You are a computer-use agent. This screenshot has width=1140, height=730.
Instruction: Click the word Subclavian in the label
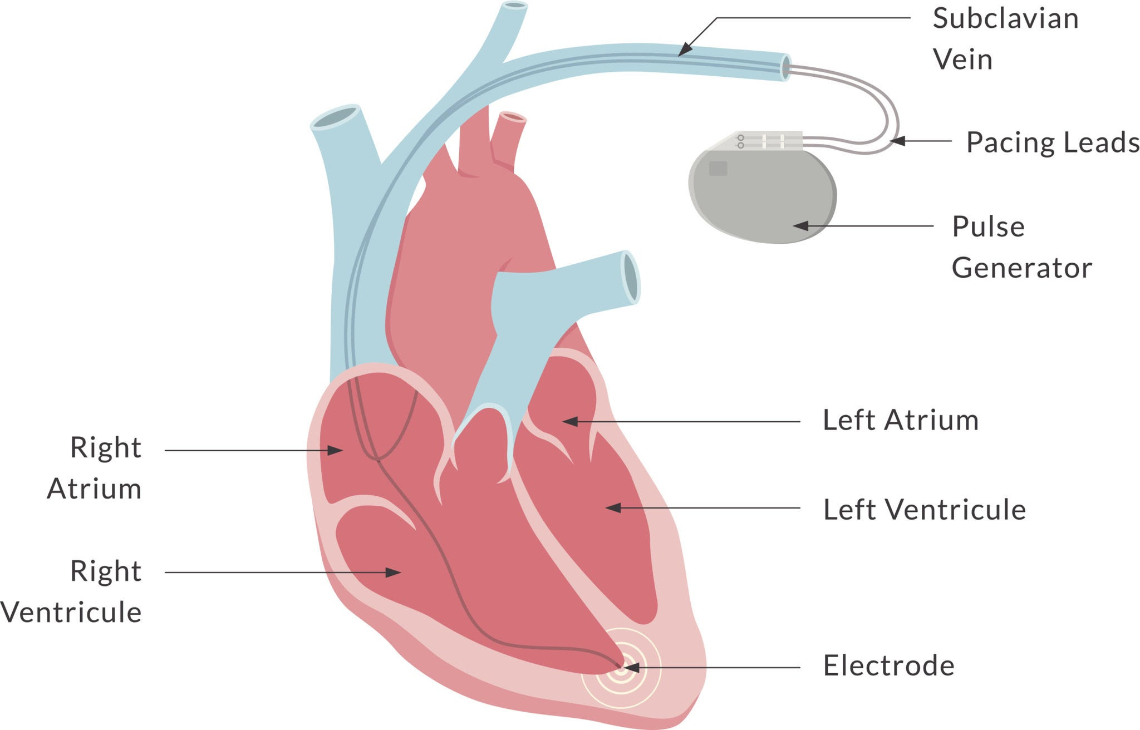pyautogui.click(x=1005, y=19)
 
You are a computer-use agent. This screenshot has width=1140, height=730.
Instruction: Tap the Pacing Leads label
pyautogui.click(x=1053, y=142)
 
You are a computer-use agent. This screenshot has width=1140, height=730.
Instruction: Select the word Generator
pyautogui.click(x=1021, y=268)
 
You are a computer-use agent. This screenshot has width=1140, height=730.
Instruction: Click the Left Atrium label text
pyautogui.click(x=900, y=420)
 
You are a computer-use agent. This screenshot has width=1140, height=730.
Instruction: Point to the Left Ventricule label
pyautogui.click(x=924, y=510)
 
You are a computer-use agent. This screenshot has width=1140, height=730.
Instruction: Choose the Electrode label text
pyautogui.click(x=888, y=665)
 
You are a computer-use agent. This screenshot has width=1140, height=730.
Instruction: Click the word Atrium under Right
pyautogui.click(x=94, y=489)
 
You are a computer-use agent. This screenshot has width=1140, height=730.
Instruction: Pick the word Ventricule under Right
pyautogui.click(x=71, y=613)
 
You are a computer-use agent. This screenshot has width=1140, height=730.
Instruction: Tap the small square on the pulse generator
pyautogui.click(x=718, y=168)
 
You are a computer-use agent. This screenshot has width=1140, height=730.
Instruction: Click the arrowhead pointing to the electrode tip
pyautogui.click(x=631, y=668)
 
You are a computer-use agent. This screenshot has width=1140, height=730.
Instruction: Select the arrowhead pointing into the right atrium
pyautogui.click(x=335, y=450)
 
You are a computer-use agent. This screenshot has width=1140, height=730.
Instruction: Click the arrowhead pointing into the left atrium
pyautogui.click(x=570, y=422)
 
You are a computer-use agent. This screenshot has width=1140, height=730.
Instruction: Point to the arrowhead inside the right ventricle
pyautogui.click(x=394, y=572)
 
